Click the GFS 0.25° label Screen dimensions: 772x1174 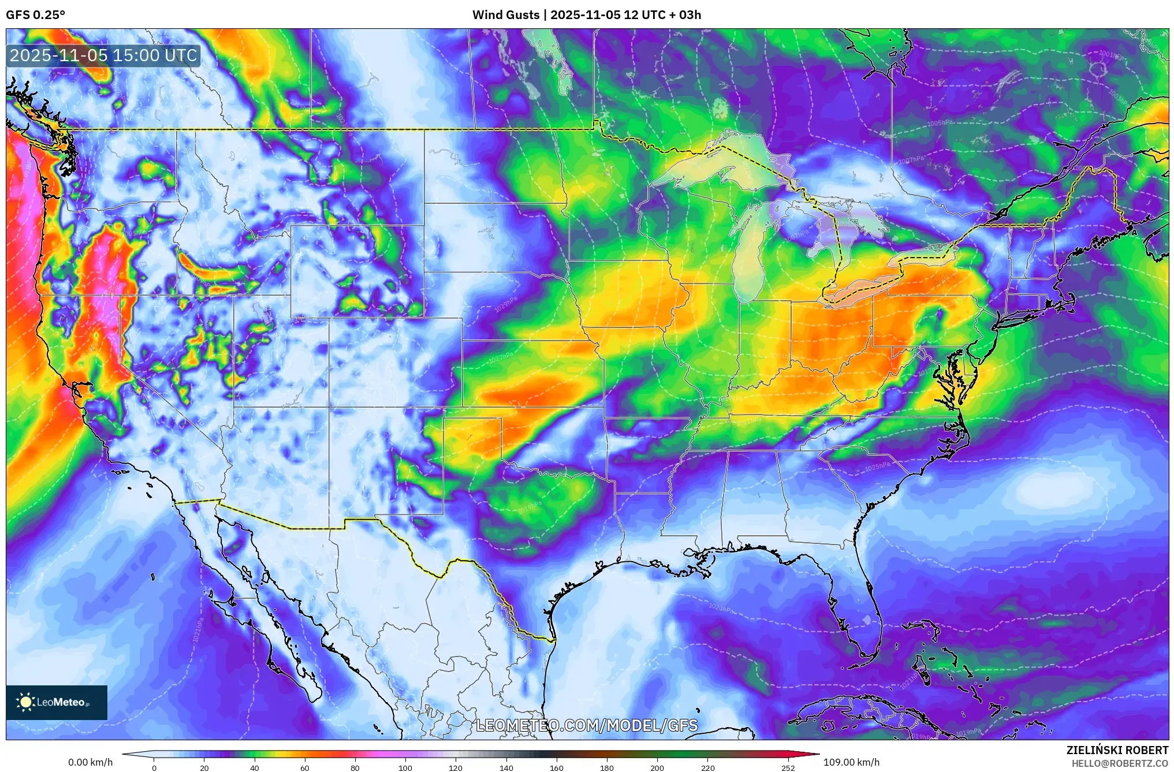tap(36, 15)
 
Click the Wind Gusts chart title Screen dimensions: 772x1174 tap(586, 15)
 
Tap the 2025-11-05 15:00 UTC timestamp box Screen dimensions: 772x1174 tap(104, 56)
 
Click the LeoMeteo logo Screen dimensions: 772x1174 tap(57, 702)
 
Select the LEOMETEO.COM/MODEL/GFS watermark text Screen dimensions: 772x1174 tap(587, 726)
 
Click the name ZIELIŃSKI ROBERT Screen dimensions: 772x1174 tap(1117, 750)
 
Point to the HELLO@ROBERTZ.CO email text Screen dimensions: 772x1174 tap(1119, 763)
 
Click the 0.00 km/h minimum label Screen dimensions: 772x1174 tap(90, 762)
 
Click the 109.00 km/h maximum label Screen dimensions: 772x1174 tap(851, 762)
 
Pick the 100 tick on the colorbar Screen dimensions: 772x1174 tap(405, 768)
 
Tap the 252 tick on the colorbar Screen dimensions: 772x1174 tap(788, 768)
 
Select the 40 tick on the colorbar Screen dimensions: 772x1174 tap(255, 768)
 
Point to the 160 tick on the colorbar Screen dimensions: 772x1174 tap(557, 768)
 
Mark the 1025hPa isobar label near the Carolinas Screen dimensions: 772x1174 tap(877, 466)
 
